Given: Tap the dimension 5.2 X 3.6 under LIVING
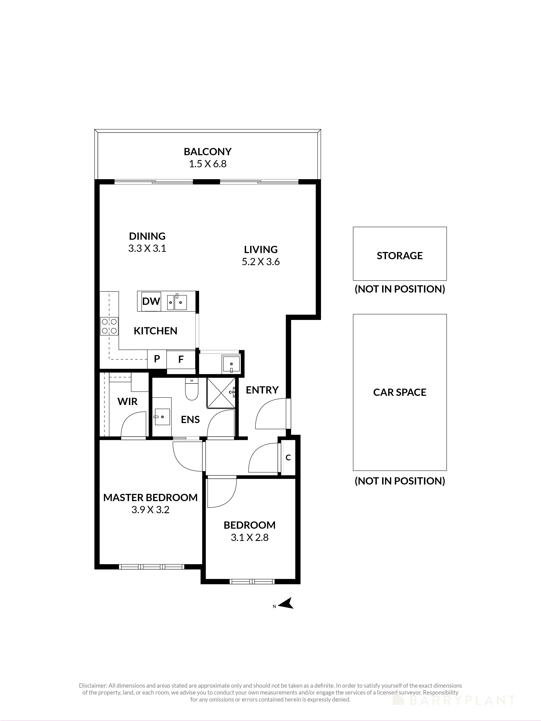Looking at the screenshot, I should (x=261, y=262).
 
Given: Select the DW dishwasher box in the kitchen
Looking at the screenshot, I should (x=151, y=301).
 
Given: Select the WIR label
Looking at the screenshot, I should (x=127, y=402).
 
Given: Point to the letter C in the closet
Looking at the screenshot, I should (x=288, y=458).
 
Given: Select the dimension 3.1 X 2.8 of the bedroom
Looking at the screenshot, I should (x=249, y=538).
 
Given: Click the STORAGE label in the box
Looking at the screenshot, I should (x=399, y=256).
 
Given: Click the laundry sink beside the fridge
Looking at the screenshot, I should (x=231, y=364).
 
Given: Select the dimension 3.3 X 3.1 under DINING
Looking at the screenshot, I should (x=147, y=248).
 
